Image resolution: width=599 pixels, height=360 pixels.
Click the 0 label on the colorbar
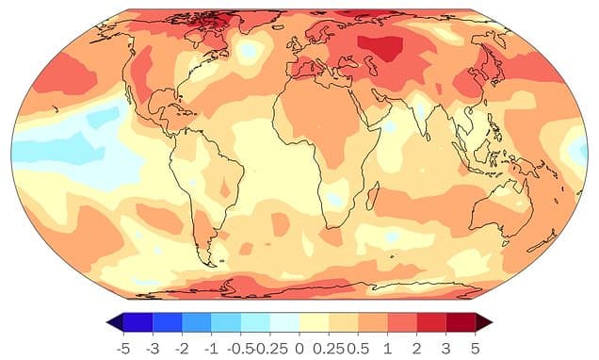pos(299,347)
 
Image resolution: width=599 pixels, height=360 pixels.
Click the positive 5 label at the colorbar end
pos(477,347)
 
